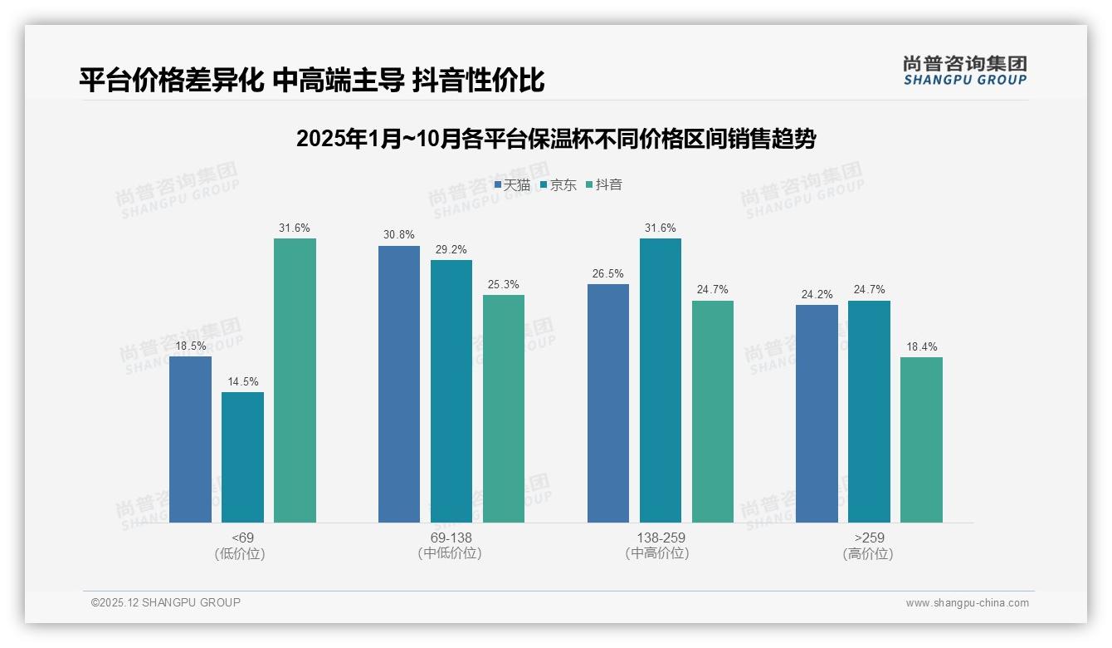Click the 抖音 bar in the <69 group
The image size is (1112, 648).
click(x=295, y=380)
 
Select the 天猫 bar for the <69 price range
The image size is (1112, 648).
click(x=190, y=439)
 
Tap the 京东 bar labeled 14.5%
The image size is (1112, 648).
click(x=242, y=457)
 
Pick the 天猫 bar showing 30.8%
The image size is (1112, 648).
click(x=399, y=384)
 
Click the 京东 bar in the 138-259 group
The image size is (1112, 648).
click(x=660, y=380)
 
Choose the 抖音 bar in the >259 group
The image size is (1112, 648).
click(x=921, y=439)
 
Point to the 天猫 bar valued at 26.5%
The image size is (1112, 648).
click(x=607, y=403)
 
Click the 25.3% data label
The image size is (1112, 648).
click(x=504, y=285)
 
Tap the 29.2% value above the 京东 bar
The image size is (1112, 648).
click(x=451, y=249)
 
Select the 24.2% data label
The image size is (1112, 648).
click(x=817, y=295)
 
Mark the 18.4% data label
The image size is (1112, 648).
click(x=921, y=347)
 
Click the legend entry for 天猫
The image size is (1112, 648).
click(x=512, y=185)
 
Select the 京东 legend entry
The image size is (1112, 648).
click(x=558, y=185)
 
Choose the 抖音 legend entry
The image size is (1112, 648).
click(x=604, y=185)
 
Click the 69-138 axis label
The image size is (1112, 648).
click(x=451, y=538)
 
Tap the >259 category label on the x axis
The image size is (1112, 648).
click(x=869, y=538)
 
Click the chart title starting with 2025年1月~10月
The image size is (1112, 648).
click(x=556, y=139)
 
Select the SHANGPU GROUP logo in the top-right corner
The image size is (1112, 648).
click(x=965, y=71)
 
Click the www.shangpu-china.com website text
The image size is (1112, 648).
click(x=967, y=603)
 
